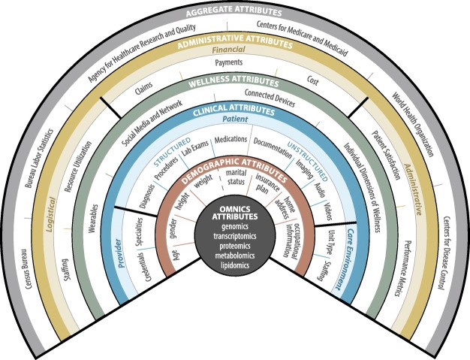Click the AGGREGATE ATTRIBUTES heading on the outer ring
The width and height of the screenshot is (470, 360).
click(234, 13)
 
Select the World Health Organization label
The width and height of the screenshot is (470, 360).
click(411, 124)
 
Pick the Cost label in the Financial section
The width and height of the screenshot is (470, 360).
click(312, 78)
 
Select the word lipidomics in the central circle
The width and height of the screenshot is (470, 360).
click(235, 265)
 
